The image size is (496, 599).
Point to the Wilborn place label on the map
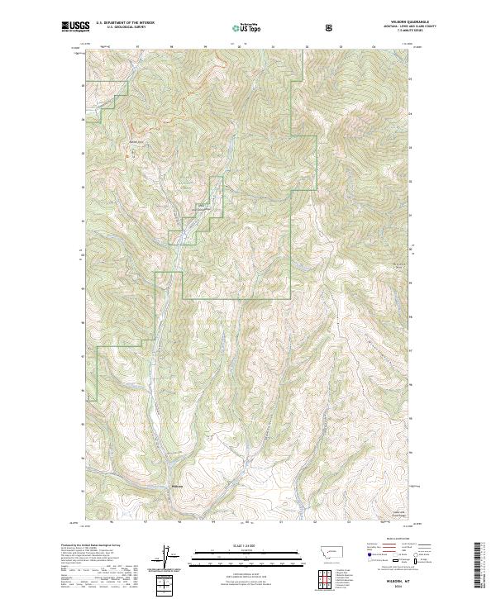(175, 485)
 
